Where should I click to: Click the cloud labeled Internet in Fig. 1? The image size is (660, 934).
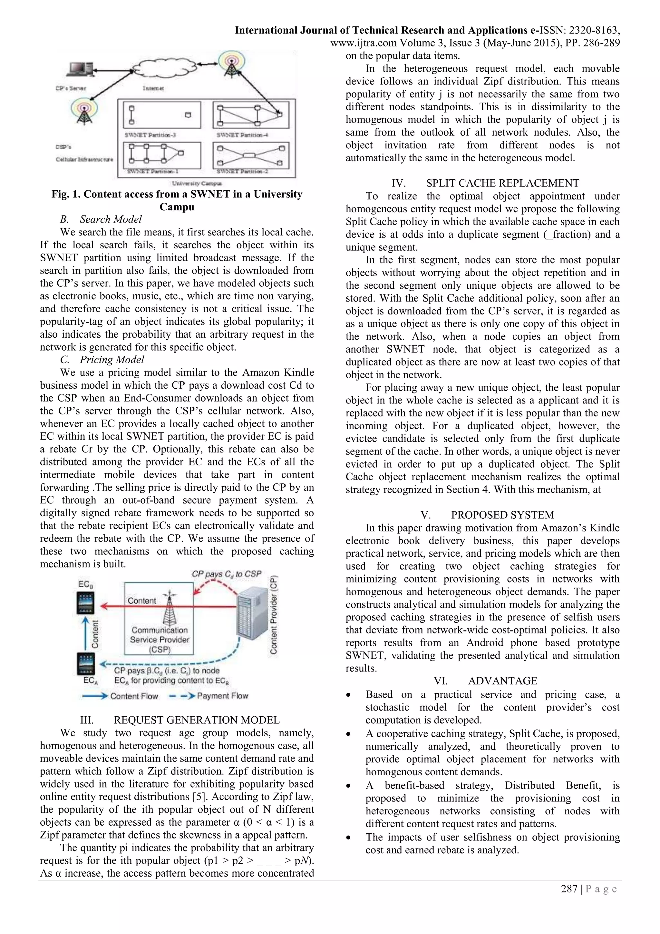click(165, 67)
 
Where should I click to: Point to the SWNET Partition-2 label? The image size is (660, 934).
click(242, 171)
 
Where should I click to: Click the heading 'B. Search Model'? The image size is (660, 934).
click(101, 219)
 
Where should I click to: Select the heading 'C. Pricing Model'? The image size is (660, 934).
click(102, 360)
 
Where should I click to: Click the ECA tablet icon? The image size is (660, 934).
click(86, 663)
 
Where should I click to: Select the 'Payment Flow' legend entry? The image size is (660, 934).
click(222, 696)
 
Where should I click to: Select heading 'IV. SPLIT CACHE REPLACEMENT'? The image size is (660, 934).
click(485, 183)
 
